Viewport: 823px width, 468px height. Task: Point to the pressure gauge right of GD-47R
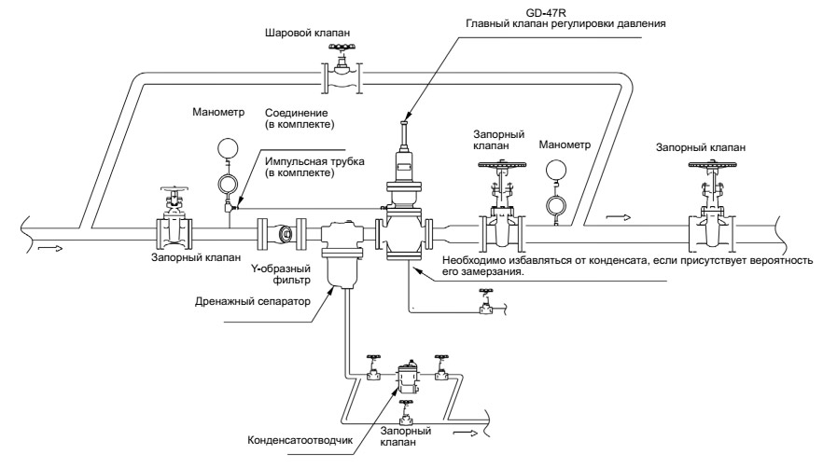pyautogui.click(x=555, y=170)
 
